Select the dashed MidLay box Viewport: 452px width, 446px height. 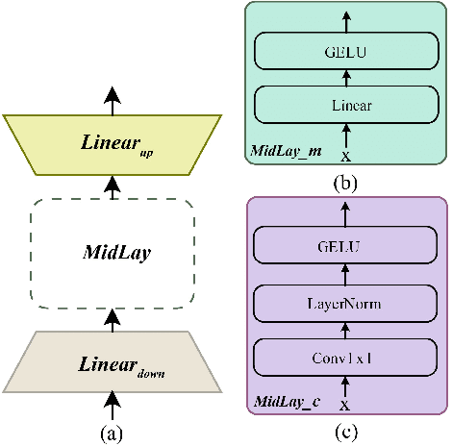pos(113,253)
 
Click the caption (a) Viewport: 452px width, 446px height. pos(113,434)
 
